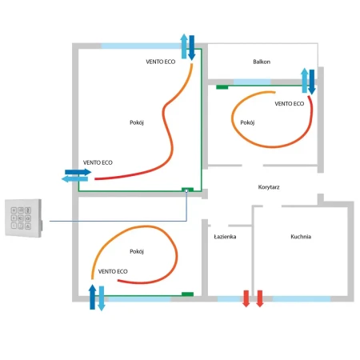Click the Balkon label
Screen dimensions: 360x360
(262, 62)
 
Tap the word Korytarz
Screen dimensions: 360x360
(269, 187)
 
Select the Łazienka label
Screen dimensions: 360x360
(225, 237)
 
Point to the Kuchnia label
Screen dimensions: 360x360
(301, 237)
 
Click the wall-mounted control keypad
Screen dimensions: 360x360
(23, 218)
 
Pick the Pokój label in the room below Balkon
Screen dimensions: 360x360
(247, 122)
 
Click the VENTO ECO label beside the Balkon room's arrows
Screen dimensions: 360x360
(290, 103)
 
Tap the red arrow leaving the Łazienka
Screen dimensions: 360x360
(246, 298)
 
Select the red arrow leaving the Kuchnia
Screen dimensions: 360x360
(260, 298)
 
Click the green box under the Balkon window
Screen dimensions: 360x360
(222, 87)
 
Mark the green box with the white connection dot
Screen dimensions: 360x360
(187, 190)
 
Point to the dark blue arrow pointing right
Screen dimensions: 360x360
(78, 172)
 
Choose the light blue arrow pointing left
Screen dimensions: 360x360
(74, 179)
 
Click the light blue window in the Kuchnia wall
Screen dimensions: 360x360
(302, 298)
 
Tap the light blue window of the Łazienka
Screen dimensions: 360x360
(230, 298)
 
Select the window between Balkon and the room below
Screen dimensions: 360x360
(252, 82)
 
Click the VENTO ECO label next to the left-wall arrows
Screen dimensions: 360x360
(98, 162)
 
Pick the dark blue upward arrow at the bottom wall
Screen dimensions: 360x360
(92, 297)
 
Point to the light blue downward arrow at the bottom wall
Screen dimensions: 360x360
(102, 298)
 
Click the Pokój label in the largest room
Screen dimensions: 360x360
(137, 122)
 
